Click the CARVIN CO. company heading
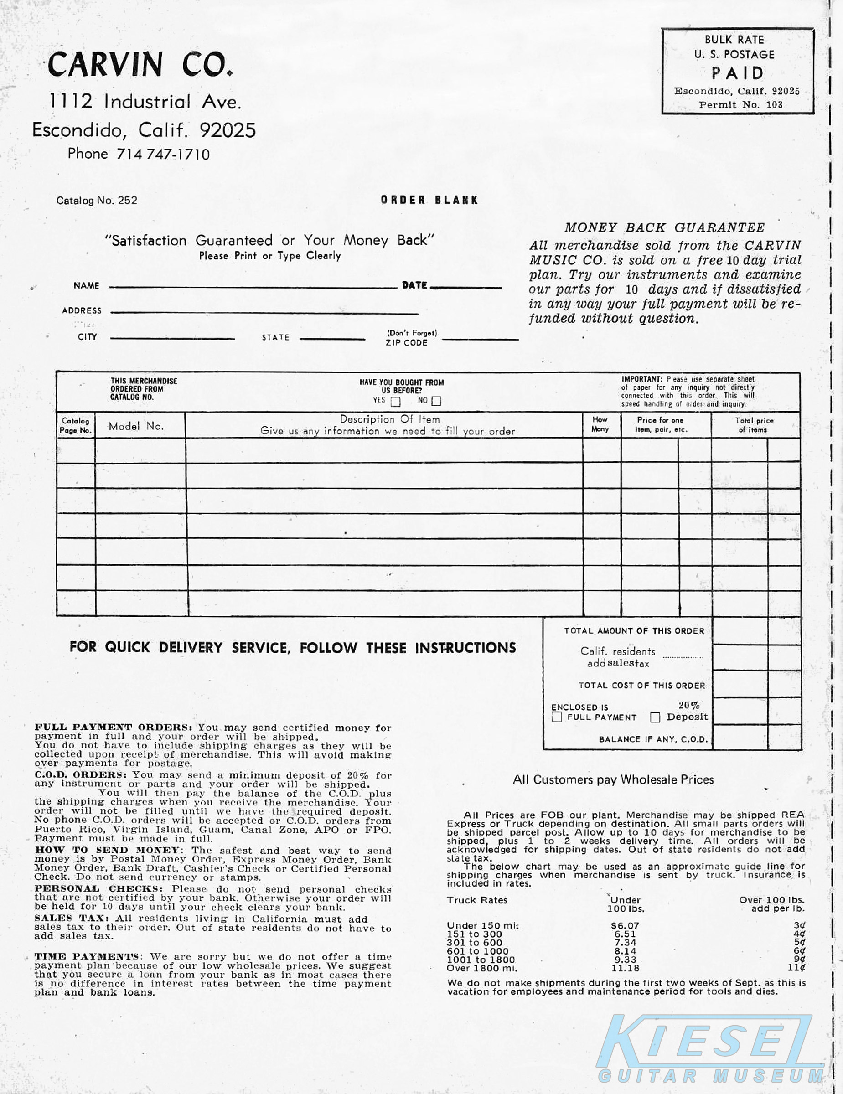140,64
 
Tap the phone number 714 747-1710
163,154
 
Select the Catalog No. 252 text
97,201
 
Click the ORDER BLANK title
429,200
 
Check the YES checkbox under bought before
396,402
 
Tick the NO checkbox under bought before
436,401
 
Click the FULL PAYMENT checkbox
557,717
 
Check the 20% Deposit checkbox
655,717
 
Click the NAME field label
86,285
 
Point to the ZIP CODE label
406,343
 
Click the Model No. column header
136,426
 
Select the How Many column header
600,424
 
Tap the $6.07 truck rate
625,926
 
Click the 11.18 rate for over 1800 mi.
625,968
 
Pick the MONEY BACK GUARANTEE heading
665,227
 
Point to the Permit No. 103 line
740,105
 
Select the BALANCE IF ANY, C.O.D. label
653,739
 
